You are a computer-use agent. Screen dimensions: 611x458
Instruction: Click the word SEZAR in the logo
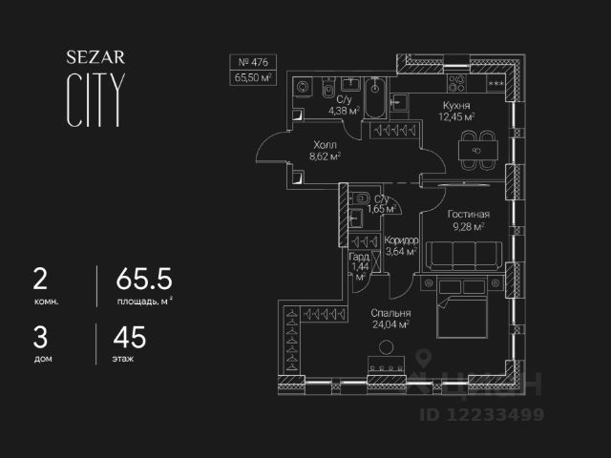(95, 57)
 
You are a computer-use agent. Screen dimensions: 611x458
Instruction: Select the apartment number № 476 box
(254, 63)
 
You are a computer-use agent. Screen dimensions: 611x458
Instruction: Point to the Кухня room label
(455, 106)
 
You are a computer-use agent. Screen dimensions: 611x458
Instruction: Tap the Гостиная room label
(469, 215)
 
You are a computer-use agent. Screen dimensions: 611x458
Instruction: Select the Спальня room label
(390, 313)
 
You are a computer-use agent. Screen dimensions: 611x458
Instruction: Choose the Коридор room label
(401, 240)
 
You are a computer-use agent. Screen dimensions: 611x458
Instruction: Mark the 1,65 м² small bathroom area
(381, 208)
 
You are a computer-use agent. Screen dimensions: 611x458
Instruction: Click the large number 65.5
(144, 280)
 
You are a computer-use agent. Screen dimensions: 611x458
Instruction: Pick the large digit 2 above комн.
(40, 280)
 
